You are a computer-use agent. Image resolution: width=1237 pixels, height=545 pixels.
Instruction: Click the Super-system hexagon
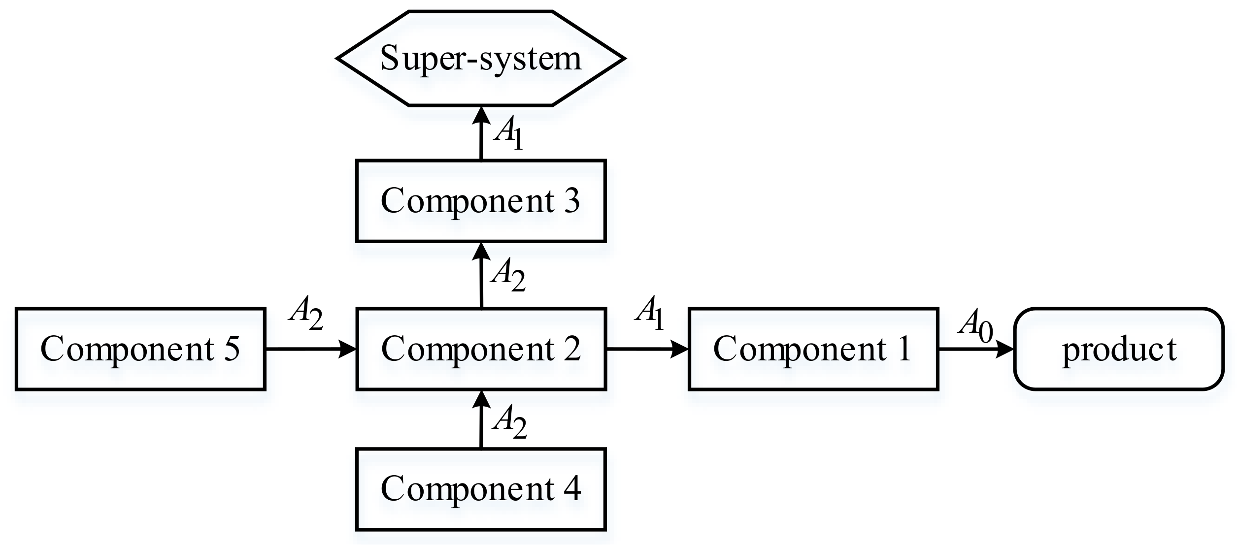pos(481,59)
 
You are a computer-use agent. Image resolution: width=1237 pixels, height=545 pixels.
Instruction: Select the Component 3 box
pos(481,201)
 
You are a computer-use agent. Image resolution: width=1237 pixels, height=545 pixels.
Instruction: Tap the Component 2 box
pos(481,349)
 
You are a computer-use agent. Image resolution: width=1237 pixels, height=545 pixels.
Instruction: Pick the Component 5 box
pos(140,349)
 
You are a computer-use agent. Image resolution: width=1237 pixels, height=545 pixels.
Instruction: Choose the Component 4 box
pos(481,489)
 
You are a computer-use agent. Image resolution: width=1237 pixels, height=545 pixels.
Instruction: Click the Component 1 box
pos(813,349)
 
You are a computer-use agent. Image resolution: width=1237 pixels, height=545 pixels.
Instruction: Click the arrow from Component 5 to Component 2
pos(310,350)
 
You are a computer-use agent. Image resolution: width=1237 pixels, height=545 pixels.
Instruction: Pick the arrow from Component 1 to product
pos(975,350)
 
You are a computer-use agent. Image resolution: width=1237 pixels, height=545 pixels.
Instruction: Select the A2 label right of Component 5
pos(306,313)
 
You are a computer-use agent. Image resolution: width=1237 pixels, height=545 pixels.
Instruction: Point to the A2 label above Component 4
pos(509,422)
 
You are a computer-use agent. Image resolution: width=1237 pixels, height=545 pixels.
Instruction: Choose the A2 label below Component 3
pos(508,276)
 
